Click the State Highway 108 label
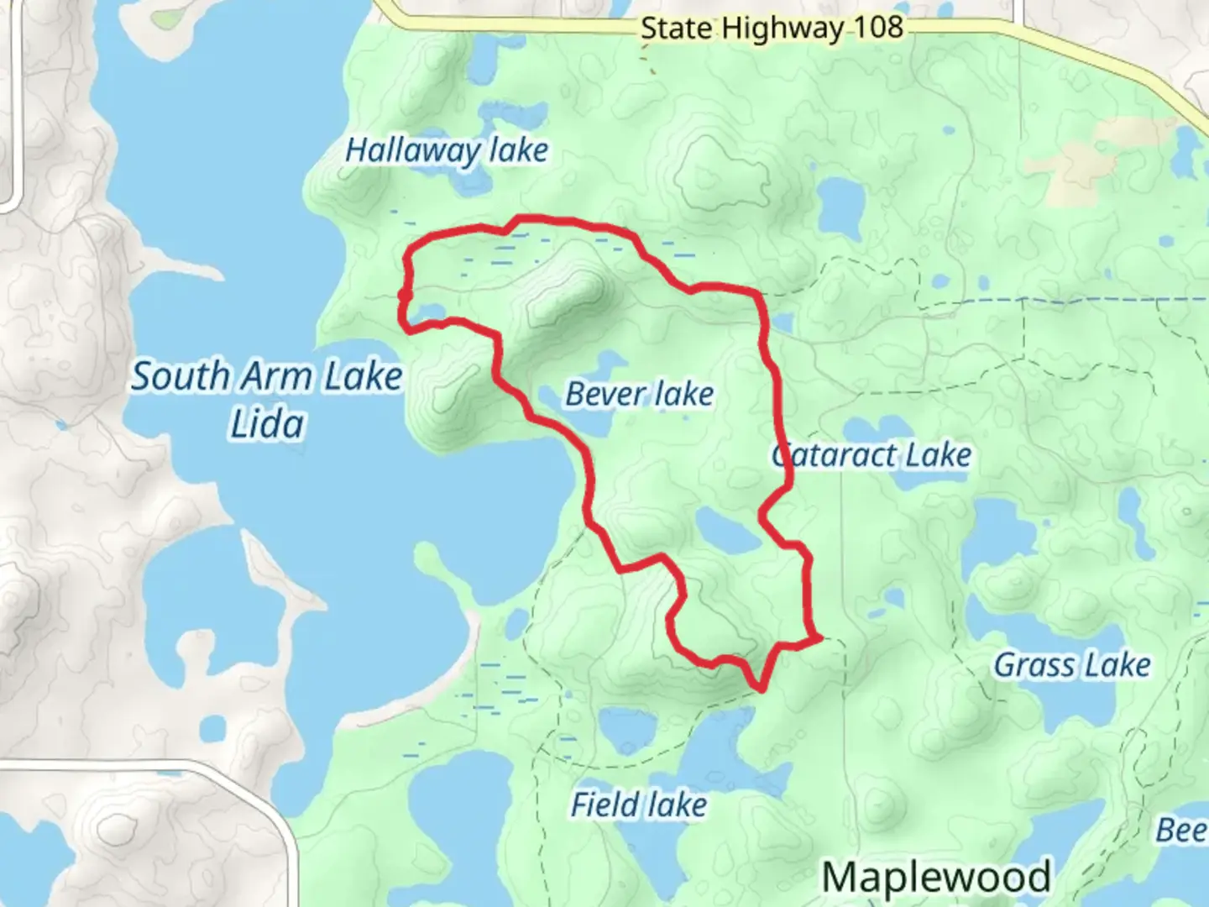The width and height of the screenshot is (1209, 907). pos(772,28)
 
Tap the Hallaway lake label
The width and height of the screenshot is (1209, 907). pos(447,151)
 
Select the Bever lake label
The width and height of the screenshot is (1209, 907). pos(639,394)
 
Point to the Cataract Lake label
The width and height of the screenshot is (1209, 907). pos(871,455)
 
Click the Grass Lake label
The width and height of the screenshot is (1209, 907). pos(1071,665)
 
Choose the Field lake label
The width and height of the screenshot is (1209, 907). pos(638,805)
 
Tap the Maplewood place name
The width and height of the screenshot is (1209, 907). pos(935,877)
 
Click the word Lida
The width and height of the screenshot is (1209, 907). pos(267,424)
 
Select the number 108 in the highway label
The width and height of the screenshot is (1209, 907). pos(879,28)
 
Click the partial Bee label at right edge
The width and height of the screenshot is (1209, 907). pos(1181,831)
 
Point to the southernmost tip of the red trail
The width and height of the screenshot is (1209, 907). pos(762,689)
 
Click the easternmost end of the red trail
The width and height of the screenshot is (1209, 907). pos(819,639)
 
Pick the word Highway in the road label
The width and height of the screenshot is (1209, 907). pos(782,28)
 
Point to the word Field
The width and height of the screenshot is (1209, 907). pos(605,805)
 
